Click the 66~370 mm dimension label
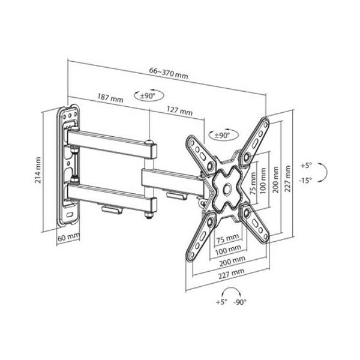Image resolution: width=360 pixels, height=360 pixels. [169, 73]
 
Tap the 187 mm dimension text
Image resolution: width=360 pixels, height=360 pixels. [110, 98]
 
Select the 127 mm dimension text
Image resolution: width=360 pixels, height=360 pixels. [179, 111]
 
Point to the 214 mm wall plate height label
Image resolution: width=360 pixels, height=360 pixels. [38, 170]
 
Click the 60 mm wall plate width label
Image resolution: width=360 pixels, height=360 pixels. [68, 237]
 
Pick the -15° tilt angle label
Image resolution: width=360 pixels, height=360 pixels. [305, 180]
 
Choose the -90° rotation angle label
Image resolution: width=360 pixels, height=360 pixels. [240, 302]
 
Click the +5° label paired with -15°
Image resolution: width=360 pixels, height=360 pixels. [307, 166]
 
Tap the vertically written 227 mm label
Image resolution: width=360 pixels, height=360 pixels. [287, 179]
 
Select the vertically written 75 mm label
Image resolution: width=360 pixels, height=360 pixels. [253, 183]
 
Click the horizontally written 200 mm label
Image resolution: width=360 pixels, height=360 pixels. [232, 261]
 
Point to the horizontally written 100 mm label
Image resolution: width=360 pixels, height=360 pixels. [228, 250]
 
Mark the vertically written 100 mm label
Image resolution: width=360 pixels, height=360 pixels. [263, 181]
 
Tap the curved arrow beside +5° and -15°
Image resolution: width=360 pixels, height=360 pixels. [322, 173]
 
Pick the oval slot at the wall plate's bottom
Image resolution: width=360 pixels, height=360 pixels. [70, 215]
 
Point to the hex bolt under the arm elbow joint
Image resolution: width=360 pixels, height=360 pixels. [149, 215]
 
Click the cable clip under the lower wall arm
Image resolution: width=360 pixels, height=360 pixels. [112, 210]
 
